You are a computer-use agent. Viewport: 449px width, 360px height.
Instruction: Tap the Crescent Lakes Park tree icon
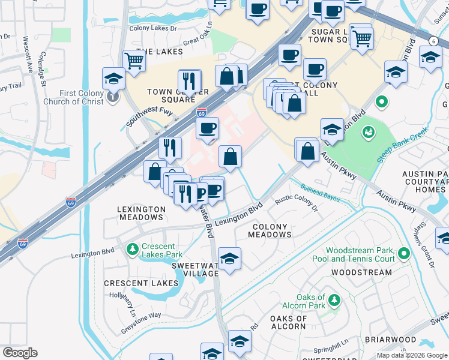pos(131,248)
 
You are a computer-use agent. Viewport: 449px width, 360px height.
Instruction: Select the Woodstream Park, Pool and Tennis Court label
pos(360,254)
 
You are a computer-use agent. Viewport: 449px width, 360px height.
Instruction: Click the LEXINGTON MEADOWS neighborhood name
pos(142,213)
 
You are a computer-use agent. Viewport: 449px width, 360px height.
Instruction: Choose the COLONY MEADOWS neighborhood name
pos(270,231)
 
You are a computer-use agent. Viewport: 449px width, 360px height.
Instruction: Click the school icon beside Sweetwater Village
pos(229,259)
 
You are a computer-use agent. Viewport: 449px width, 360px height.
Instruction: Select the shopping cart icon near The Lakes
pos(134,60)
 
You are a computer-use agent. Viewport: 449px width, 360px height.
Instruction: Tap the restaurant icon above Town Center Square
pos(190,80)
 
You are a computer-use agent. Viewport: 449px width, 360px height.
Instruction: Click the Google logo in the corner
pos(20,353)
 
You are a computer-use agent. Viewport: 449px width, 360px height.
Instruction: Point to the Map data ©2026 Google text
pos(411,355)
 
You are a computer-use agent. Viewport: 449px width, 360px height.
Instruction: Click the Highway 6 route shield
pos(433,40)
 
